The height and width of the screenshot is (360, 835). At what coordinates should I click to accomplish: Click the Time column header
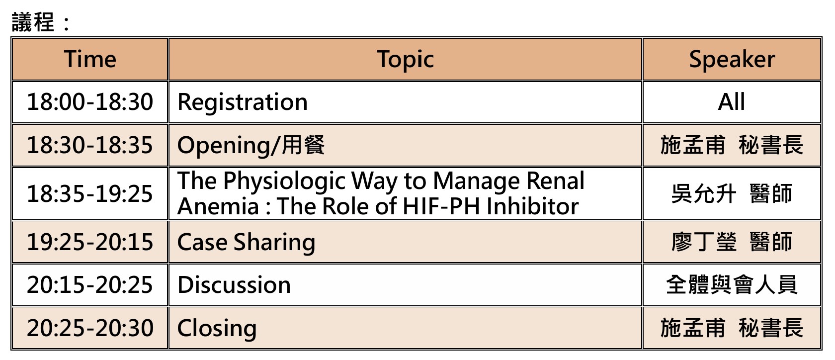(x=90, y=59)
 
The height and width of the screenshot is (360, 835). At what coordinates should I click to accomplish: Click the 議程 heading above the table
(x=34, y=22)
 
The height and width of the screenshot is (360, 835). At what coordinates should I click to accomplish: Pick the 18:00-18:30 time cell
(x=90, y=102)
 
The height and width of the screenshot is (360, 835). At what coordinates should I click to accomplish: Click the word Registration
(x=243, y=102)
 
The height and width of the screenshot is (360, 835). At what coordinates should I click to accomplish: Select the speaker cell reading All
(x=732, y=102)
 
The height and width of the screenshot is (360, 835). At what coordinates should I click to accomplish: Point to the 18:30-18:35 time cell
(x=90, y=145)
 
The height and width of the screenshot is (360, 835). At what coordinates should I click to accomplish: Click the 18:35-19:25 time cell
(x=90, y=194)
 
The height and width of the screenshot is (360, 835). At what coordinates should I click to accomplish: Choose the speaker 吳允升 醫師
(x=732, y=194)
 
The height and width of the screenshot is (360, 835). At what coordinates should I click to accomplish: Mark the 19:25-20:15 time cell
(x=90, y=242)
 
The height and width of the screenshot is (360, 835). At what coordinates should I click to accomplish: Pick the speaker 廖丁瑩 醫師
(x=732, y=242)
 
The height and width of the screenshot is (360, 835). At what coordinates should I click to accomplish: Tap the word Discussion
(x=234, y=285)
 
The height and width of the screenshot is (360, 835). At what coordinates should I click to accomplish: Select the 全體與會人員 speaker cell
(x=732, y=285)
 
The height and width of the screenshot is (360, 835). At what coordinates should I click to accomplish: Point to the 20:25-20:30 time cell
(x=90, y=328)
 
